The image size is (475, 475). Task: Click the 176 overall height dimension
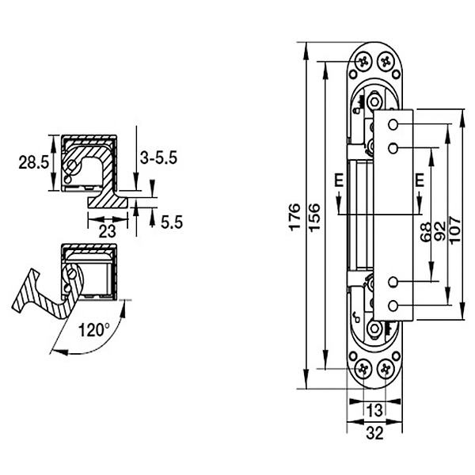point(295,217)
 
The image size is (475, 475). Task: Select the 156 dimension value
point(315,217)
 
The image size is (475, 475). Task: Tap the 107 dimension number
point(455,230)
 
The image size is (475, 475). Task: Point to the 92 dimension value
point(440,231)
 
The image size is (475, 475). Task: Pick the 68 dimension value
point(426,231)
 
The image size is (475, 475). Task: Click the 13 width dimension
point(374,410)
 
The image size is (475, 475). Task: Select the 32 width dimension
point(374,433)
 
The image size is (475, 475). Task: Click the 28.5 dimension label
point(33,162)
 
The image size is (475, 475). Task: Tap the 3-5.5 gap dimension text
point(158,158)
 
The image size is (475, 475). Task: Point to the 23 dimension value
point(108,231)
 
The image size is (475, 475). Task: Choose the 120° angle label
point(94,329)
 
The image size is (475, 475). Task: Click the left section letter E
point(339,180)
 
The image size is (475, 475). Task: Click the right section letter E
point(420,180)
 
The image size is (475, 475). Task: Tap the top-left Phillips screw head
point(363,63)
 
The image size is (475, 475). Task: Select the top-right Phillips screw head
point(386,63)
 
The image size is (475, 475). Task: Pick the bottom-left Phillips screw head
point(363,369)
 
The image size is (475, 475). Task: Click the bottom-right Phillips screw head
point(386,369)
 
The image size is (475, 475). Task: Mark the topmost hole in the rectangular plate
point(393,124)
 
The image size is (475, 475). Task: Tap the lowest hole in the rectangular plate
point(393,306)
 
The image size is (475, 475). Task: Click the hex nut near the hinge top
point(374,101)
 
